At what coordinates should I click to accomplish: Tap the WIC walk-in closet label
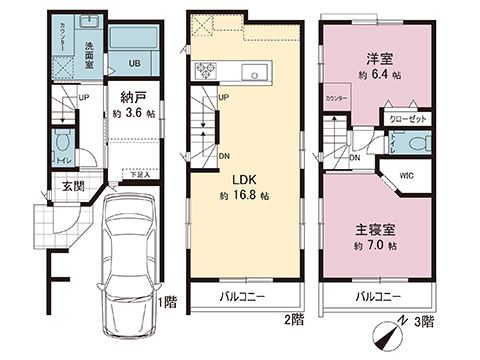pos(407,177)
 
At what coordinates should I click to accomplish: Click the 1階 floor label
pos(166,301)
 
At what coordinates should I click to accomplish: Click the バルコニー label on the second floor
pos(243,297)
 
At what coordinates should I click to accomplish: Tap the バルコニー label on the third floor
pos(377,297)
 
